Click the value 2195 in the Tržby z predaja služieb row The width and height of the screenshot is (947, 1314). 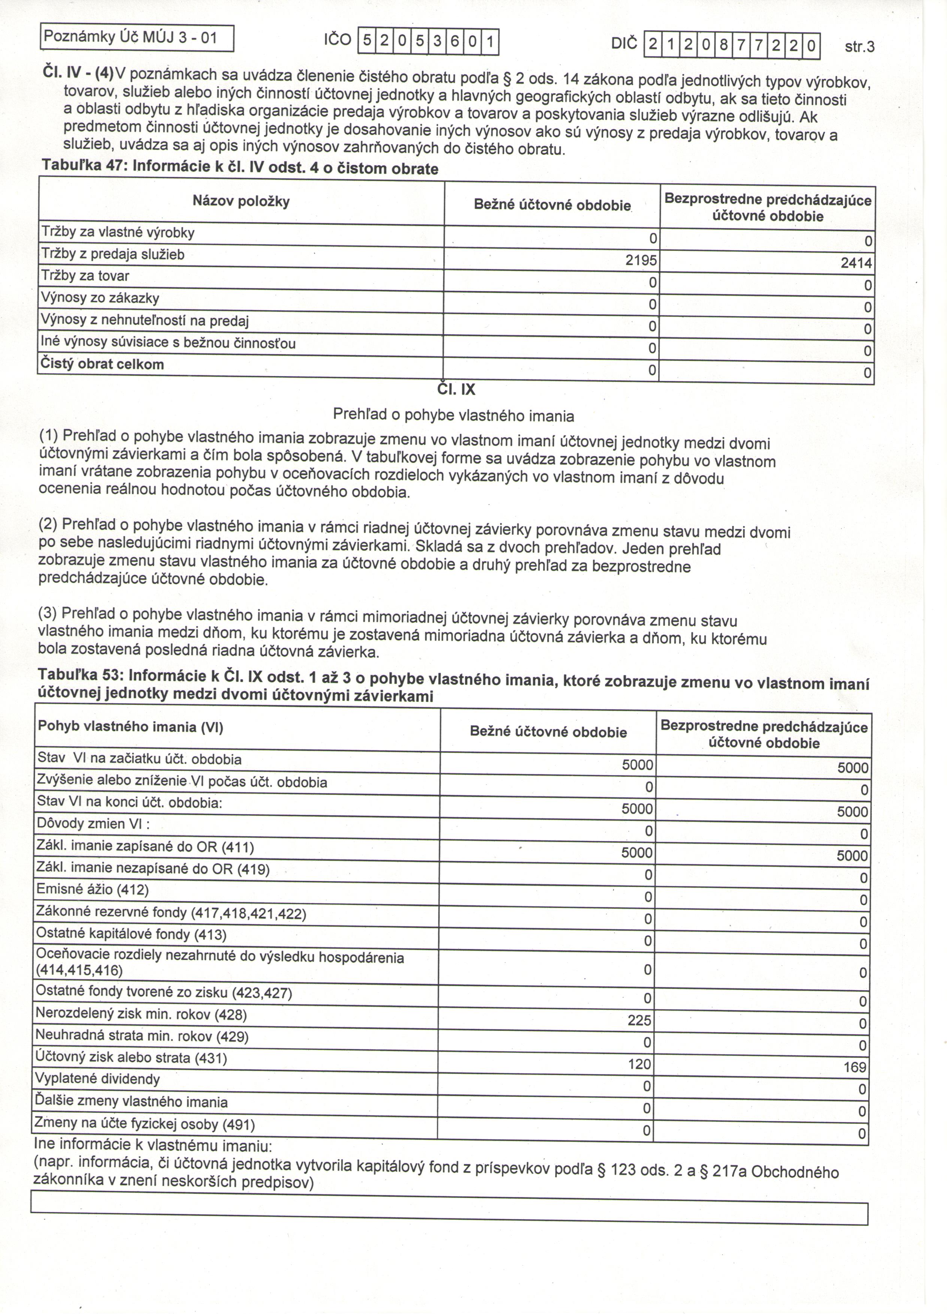(x=641, y=261)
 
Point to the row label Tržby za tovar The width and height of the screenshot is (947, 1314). (x=85, y=277)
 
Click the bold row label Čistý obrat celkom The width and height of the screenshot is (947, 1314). (x=102, y=365)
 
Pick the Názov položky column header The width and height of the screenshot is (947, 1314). (x=241, y=202)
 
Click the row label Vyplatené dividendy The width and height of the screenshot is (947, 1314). (x=97, y=1079)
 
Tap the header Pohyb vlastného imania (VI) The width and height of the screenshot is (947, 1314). (x=130, y=727)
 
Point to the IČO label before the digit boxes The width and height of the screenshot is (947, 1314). (x=337, y=40)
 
